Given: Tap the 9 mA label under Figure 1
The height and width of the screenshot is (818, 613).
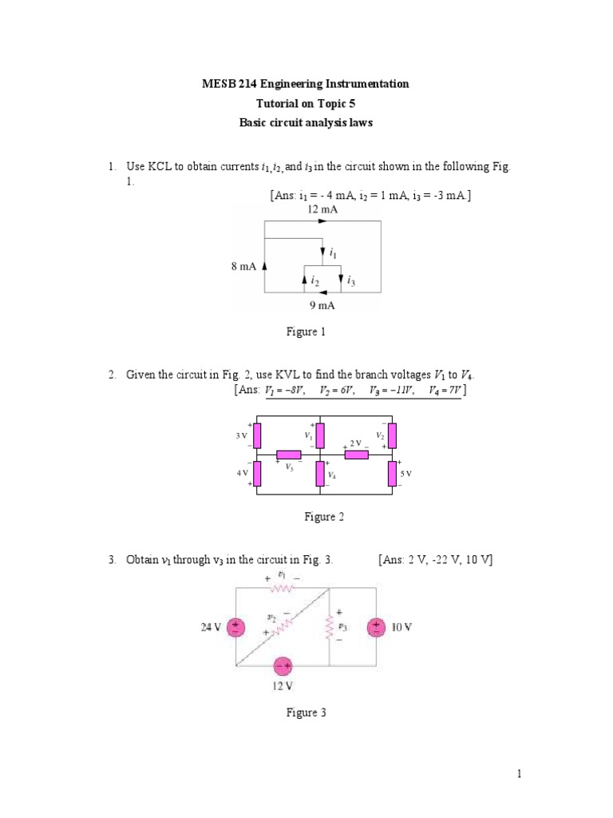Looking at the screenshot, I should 322,305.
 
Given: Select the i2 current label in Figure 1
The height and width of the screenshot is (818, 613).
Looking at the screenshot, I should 315,281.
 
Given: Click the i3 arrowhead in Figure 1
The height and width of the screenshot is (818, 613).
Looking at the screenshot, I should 341,280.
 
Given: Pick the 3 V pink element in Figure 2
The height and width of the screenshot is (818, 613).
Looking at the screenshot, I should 256,436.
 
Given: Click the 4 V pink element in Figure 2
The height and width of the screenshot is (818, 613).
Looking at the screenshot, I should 256,474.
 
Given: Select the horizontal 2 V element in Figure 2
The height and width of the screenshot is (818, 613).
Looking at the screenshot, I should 356,455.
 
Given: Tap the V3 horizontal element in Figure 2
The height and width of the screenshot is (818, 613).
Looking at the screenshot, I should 288,455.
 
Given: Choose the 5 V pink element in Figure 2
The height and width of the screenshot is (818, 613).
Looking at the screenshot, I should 392,474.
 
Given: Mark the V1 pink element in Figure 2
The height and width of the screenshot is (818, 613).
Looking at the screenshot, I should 319,436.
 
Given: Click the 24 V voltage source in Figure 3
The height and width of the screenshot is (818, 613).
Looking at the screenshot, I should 235,628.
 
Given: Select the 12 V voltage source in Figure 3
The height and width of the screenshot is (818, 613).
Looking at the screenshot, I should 282,667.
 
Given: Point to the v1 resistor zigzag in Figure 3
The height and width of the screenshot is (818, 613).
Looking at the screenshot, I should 282,588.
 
